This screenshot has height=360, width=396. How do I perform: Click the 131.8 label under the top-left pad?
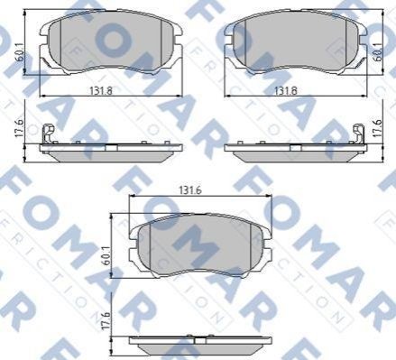(x=101, y=90)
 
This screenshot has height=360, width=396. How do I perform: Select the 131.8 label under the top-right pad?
(x=286, y=90)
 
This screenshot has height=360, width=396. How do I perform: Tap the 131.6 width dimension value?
(x=190, y=190)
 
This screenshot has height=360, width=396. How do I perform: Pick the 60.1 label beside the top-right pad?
(x=379, y=51)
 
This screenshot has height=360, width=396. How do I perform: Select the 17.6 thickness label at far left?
(x=19, y=129)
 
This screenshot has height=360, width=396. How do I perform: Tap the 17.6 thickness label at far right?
(x=378, y=129)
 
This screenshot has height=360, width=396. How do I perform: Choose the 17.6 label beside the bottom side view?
(x=106, y=321)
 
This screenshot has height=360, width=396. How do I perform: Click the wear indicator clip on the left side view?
(x=49, y=134)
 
